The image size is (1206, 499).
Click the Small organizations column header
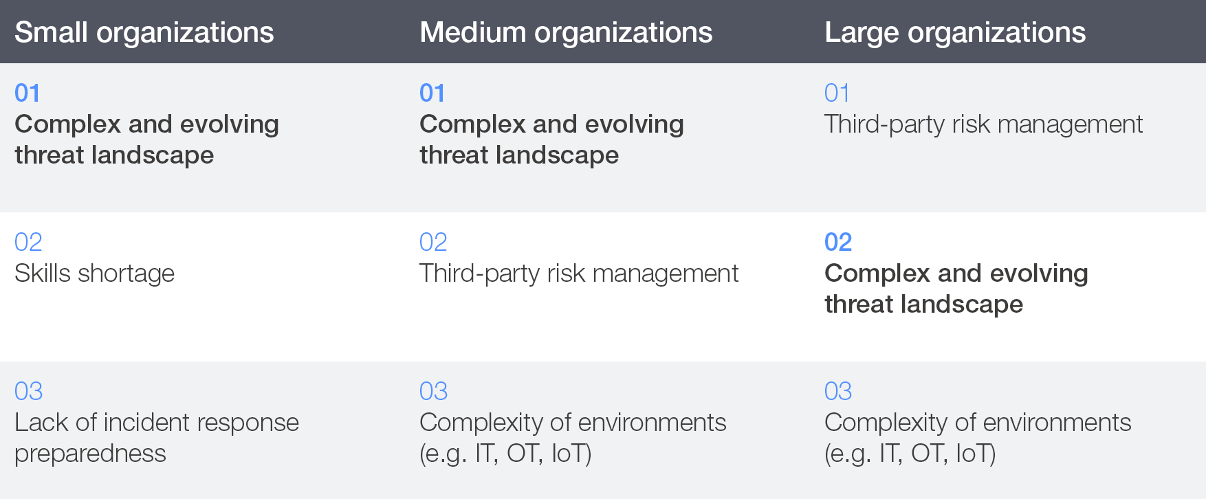pos(144,32)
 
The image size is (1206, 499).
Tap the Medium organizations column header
pos(566,32)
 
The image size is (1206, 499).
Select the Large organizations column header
pos(955,32)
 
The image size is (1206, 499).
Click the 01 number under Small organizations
pos(28,93)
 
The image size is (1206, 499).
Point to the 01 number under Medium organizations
pos(432,93)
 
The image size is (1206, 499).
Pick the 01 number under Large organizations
pos(837,93)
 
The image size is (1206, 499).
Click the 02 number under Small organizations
pos(28,242)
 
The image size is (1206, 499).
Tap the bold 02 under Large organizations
pos(838,242)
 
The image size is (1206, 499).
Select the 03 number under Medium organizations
pos(433,391)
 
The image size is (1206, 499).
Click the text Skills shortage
pos(95,274)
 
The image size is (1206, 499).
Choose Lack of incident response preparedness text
pos(157,438)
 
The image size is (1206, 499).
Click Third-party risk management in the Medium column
pos(579,274)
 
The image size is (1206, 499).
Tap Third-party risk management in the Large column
pos(984,124)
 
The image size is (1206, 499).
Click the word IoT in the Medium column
pos(571,454)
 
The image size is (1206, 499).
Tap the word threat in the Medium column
pos(450,155)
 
